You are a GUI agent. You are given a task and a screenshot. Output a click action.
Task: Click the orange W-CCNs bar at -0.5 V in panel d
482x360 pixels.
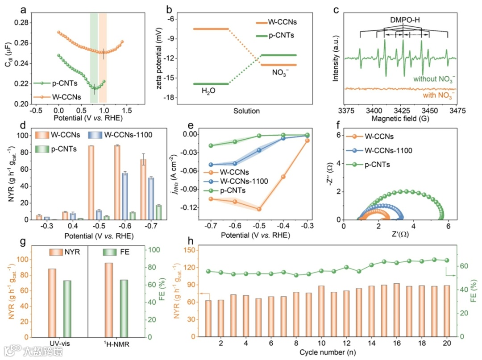[x=91, y=182]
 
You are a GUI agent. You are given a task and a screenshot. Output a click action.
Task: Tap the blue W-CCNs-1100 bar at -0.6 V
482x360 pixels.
[x=125, y=196]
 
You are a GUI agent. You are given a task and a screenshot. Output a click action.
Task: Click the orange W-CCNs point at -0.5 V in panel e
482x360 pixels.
[x=259, y=209]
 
